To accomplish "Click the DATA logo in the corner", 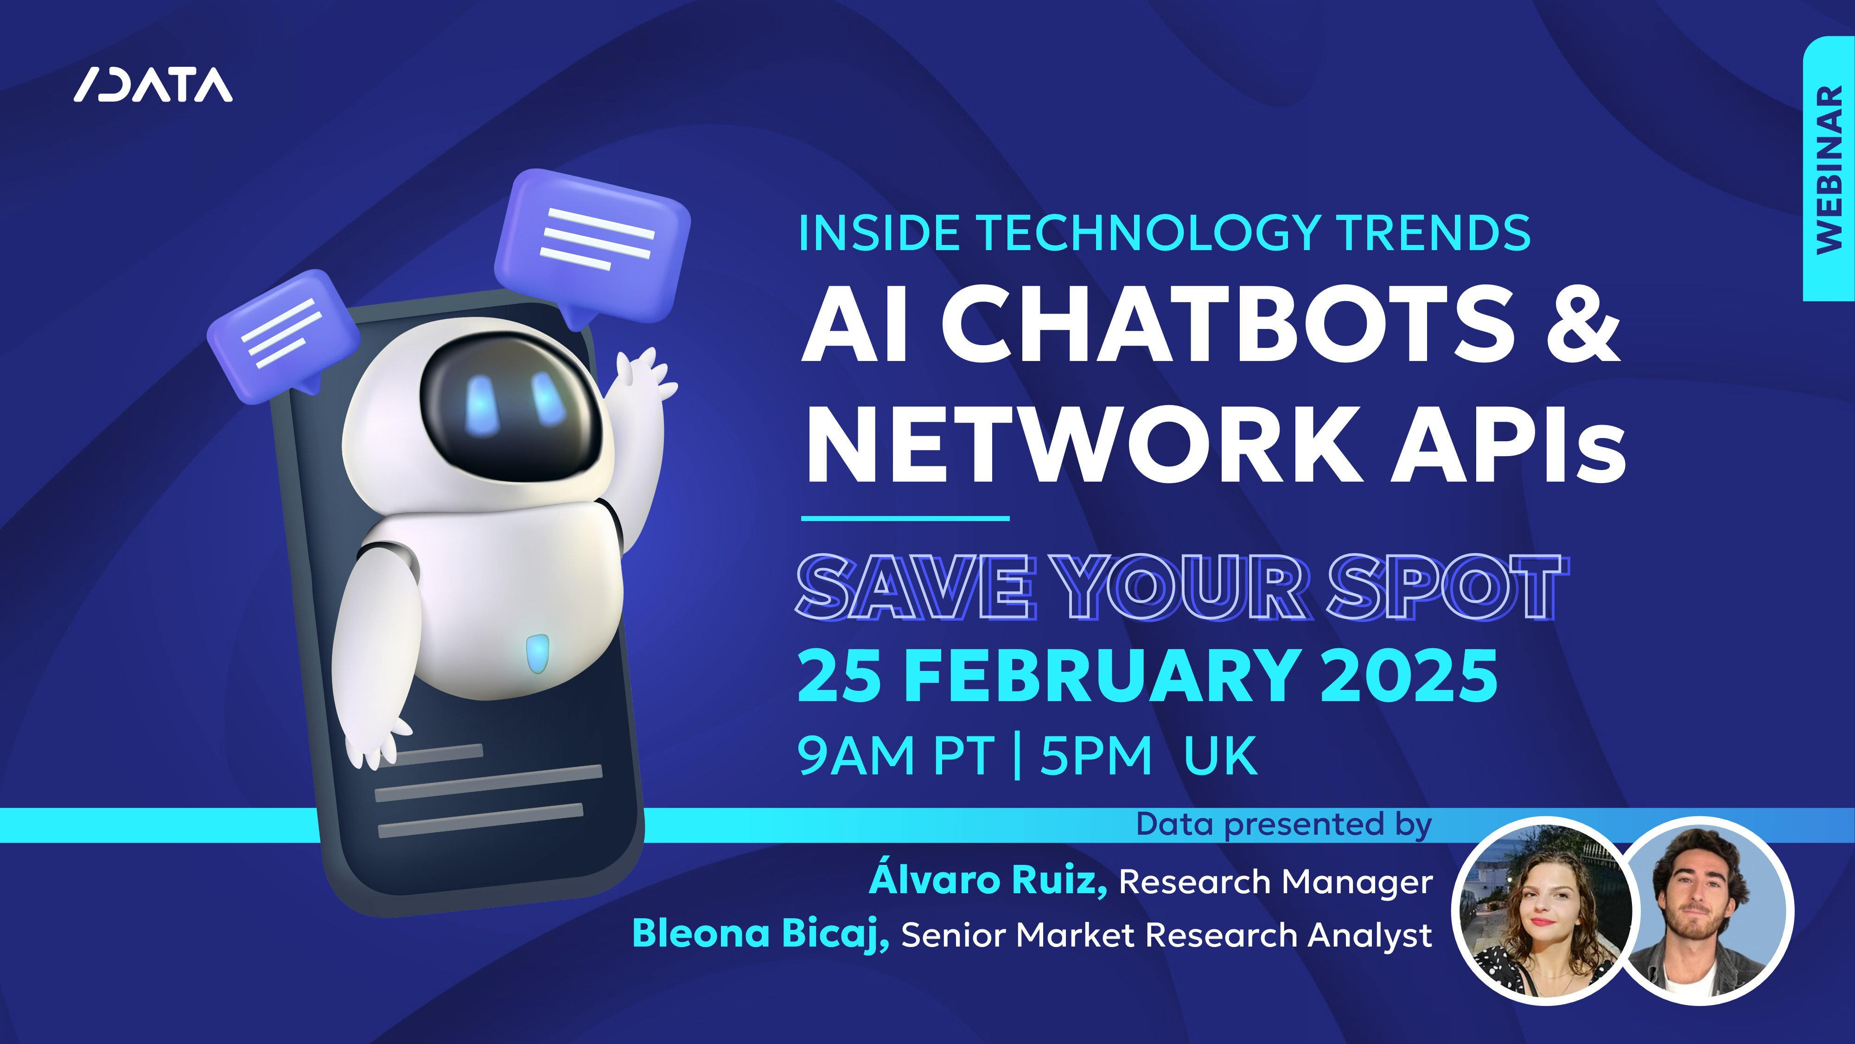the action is pyautogui.click(x=153, y=85).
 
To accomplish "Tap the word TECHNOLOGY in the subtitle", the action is pyautogui.click(x=1148, y=233).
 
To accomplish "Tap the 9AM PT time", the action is pyautogui.click(x=897, y=755).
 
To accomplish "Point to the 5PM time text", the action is pyautogui.click(x=1096, y=755).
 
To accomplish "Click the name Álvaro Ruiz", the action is pyautogui.click(x=988, y=879).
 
